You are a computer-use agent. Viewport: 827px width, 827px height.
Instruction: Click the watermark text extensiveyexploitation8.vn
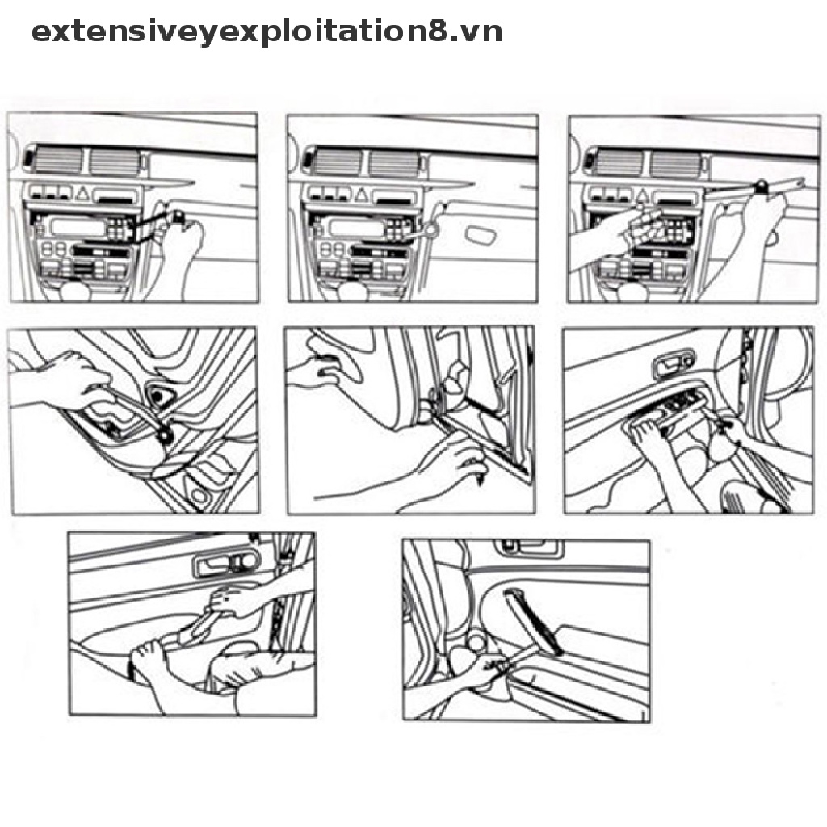point(267,32)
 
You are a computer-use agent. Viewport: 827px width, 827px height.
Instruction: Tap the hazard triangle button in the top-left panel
point(82,194)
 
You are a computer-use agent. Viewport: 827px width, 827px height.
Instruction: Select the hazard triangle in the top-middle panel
point(361,195)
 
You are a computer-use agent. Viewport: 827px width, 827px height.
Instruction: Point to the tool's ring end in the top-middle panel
point(431,230)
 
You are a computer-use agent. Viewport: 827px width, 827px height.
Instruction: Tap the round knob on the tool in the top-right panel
point(762,186)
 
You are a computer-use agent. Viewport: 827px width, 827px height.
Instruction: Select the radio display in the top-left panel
point(77,227)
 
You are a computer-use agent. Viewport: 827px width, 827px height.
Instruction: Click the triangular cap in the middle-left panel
point(158,395)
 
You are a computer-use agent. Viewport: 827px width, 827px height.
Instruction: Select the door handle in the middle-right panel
point(674,364)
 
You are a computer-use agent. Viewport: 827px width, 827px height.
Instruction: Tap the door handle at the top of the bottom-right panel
point(528,548)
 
